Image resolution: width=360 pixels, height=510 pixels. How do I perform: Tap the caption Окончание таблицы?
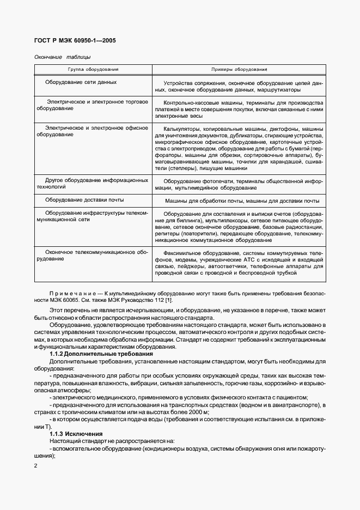point(62,57)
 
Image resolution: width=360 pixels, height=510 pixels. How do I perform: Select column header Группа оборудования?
point(93,70)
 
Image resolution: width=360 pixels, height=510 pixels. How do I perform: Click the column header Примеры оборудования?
point(239,70)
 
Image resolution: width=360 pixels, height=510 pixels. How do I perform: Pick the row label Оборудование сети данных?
point(81,82)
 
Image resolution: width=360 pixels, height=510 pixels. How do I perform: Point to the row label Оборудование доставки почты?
point(84,200)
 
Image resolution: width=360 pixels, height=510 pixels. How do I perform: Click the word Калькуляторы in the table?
point(181,128)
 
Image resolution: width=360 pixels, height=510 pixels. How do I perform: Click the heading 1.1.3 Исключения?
point(72,433)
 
